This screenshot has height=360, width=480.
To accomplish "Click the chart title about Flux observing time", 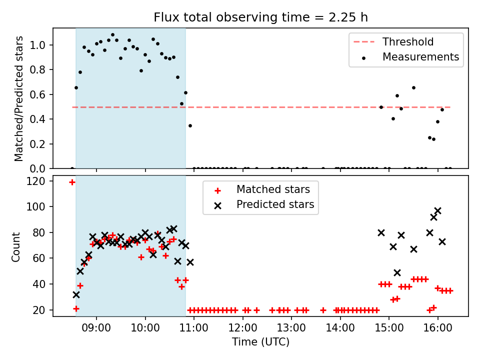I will point(260,17).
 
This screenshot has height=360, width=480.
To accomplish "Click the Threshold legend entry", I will point(408,42).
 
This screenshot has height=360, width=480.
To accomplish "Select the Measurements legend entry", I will point(420,57).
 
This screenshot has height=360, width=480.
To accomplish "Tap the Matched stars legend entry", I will point(273,189).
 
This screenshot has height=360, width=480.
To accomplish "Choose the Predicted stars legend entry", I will point(275,204).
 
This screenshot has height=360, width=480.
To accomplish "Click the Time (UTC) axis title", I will point(260,342).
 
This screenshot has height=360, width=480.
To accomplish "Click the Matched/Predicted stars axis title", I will point(19,98).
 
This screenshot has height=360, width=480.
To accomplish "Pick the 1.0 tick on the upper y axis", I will point(41,45).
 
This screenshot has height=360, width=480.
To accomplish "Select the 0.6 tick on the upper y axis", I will point(41,94).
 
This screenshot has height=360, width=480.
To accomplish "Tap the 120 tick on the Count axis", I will point(39,181).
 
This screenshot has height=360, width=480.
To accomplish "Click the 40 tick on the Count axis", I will point(41,284).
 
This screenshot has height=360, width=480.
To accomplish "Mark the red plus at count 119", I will point(72,182).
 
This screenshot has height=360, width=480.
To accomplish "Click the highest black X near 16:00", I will point(438,211).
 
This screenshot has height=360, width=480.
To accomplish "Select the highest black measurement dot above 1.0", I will point(112,35).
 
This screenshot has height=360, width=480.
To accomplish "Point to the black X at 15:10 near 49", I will point(397,272).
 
